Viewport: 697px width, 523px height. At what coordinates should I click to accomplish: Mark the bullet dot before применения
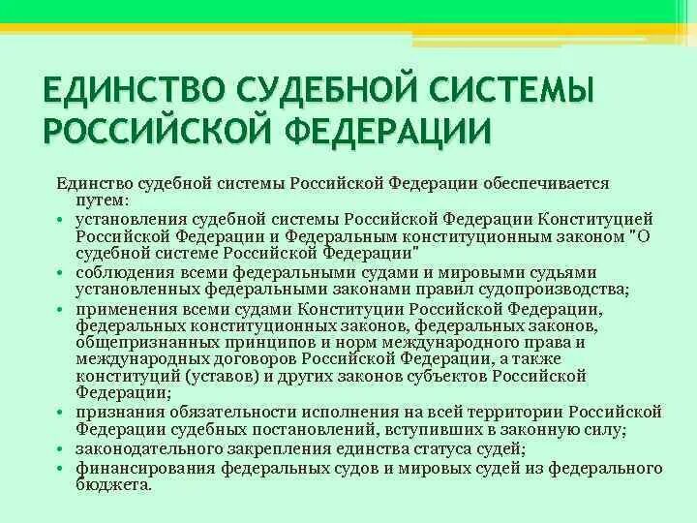(61, 310)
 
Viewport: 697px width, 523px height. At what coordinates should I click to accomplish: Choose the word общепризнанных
(139, 342)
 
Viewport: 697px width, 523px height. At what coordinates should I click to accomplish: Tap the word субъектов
(444, 376)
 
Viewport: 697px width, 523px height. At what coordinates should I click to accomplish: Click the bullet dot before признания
(61, 413)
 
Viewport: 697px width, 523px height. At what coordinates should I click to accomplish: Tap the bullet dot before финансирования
(61, 468)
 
